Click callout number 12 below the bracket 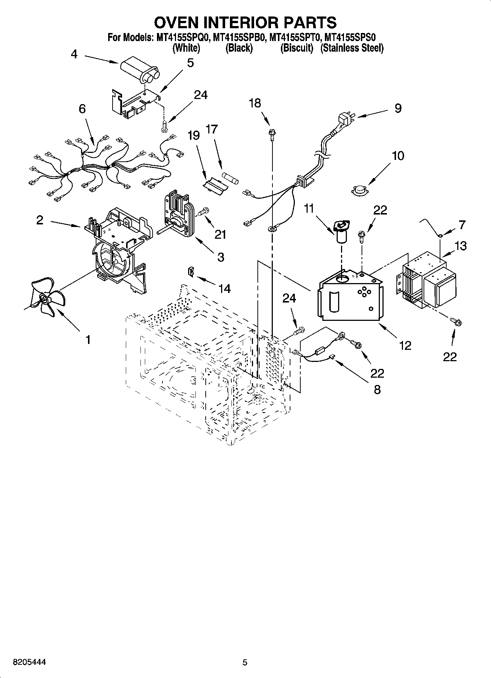point(405,345)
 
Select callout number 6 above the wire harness point(82,109)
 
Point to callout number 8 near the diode point(377,389)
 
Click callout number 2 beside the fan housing point(40,220)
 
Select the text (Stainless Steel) point(352,48)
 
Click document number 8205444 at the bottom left point(29,662)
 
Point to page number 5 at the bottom point(245,662)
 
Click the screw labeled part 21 point(203,211)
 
